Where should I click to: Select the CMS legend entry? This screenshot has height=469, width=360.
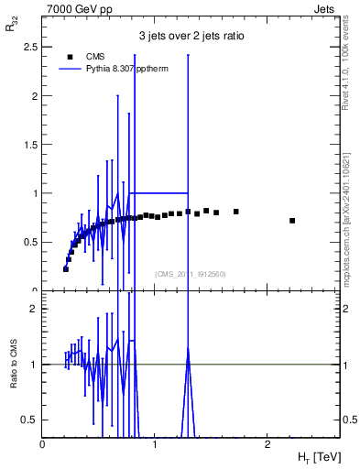(x=94, y=56)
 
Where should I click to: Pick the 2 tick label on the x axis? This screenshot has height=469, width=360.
(x=267, y=444)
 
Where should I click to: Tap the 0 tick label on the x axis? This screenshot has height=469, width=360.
(x=43, y=444)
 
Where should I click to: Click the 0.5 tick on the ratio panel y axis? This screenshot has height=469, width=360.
(x=29, y=420)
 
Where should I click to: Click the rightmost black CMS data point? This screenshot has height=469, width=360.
(x=292, y=221)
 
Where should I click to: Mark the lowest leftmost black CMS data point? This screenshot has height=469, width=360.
(x=66, y=269)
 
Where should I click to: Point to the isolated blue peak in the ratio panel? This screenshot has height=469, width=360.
(x=188, y=351)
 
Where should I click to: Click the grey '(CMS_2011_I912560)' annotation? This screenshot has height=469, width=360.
(x=190, y=274)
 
